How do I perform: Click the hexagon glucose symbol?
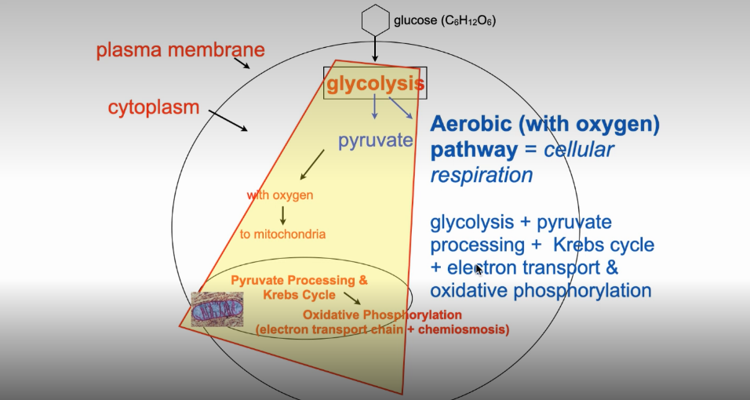pyautogui.click(x=375, y=19)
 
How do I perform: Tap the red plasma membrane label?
pyautogui.click(x=180, y=51)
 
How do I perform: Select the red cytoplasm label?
pyautogui.click(x=154, y=107)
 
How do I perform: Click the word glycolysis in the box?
pyautogui.click(x=375, y=83)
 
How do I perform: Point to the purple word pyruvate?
pyautogui.click(x=375, y=141)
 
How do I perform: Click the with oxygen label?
pyautogui.click(x=280, y=195)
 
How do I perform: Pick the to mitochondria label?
pyautogui.click(x=282, y=234)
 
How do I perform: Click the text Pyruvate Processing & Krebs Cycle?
pyautogui.click(x=298, y=287)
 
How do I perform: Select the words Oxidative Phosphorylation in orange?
pyautogui.click(x=382, y=315)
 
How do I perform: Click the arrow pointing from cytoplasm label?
pyautogui.click(x=229, y=121)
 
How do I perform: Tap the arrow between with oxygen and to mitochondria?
pyautogui.click(x=282, y=215)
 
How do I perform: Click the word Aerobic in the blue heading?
pyautogui.click(x=469, y=125)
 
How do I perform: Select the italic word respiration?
pyautogui.click(x=481, y=175)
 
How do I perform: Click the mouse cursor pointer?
pyautogui.click(x=479, y=270)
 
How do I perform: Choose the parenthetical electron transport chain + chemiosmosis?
pyautogui.click(x=382, y=330)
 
